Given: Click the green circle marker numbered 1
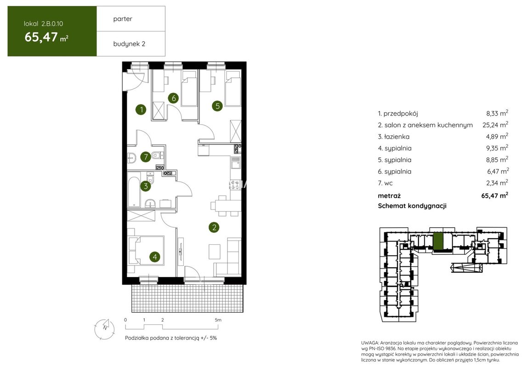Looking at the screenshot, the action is point(141,109).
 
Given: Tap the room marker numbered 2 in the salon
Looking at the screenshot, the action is point(214,227).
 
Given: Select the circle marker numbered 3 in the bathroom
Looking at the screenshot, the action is point(146,186).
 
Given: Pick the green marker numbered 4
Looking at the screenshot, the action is point(154,257).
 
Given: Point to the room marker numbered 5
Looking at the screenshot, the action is point(217,106).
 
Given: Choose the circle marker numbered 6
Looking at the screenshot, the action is point(173,98).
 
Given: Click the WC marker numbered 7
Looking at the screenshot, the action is point(146,157).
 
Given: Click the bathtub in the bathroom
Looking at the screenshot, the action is point(134,190).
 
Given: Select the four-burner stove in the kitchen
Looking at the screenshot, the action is point(236,184).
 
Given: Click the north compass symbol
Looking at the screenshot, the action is point(104,328).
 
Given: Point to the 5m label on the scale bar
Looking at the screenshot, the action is point(218,320).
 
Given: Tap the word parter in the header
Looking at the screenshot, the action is point(123,19).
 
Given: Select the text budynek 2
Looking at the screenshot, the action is point(130,44).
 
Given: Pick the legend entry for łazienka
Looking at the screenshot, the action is point(394,137).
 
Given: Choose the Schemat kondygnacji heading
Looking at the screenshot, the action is point(412,206).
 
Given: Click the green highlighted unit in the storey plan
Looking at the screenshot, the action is point(437,241).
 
